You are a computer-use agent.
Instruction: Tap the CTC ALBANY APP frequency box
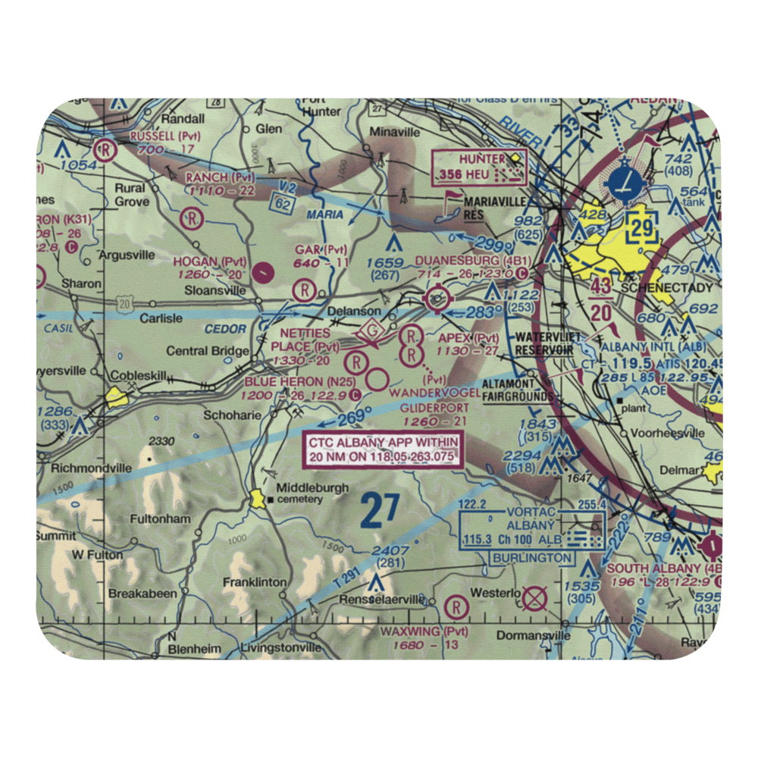[x=383, y=449]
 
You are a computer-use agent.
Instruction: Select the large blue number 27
[x=379, y=511]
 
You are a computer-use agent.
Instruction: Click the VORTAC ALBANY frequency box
[x=531, y=531]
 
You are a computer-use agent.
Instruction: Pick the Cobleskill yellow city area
[x=117, y=396]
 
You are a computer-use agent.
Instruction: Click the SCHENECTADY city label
[x=656, y=288]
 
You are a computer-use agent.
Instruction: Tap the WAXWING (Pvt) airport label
[x=424, y=631]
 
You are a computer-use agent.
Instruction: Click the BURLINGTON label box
[x=531, y=558]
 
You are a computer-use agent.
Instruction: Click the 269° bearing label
[x=350, y=415]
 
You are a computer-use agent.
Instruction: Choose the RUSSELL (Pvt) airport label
[x=163, y=136]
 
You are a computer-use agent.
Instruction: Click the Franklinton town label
[x=254, y=582]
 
